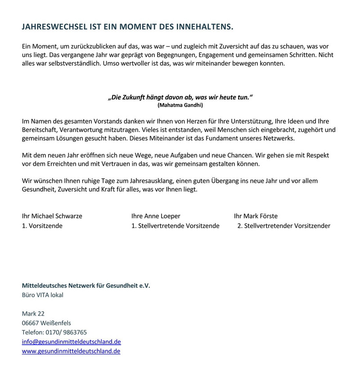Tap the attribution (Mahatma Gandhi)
pos(180,105)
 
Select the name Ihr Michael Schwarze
pos(52,216)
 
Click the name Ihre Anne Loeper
pos(156,216)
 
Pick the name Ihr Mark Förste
pos(256,216)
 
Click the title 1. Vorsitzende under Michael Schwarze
pos(42,226)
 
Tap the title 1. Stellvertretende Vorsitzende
pos(175,226)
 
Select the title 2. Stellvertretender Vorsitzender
pos(283,226)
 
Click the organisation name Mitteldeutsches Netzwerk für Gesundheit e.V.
pos(86,285)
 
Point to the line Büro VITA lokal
pos(43,295)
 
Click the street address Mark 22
pos(33,313)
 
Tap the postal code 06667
pos(31,323)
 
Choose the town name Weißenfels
pos(56,323)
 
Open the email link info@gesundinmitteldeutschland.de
pos(72,342)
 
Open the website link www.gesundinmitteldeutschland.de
pos(71,351)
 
